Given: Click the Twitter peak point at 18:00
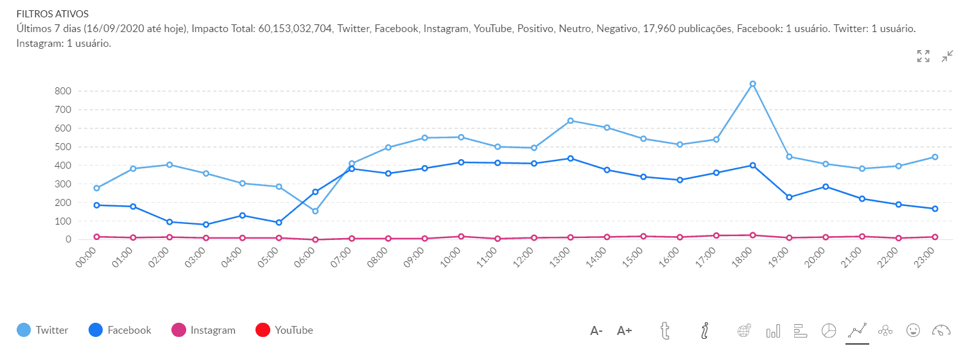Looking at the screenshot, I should point(752,84).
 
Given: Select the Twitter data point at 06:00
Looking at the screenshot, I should point(315,211).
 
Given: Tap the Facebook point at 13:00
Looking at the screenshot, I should point(570,159).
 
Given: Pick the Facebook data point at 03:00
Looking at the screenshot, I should point(206,225).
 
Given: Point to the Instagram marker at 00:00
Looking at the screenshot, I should point(96,237).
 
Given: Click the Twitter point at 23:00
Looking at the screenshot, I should point(935,157).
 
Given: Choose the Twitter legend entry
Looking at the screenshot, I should point(42,330).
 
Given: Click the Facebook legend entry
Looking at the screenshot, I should point(119,330).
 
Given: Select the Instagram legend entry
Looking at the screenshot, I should point(204,330).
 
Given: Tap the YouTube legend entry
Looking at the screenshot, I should point(284,330).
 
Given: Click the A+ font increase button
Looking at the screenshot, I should point(625,331).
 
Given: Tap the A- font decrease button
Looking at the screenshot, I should point(596,331).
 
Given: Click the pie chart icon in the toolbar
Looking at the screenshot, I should point(829,330).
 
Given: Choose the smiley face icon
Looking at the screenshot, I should point(913,330).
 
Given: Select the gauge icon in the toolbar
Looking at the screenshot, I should point(941,330).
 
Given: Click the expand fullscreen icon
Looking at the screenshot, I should point(923,56).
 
